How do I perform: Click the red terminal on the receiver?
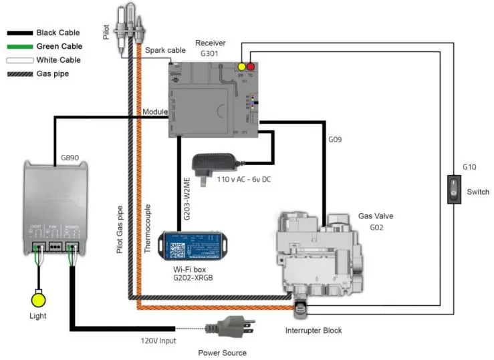(x=251, y=67)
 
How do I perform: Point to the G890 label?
(x=70, y=158)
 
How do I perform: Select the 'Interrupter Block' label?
(x=314, y=331)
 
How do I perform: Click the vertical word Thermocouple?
(x=148, y=226)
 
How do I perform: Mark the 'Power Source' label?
(x=222, y=352)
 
